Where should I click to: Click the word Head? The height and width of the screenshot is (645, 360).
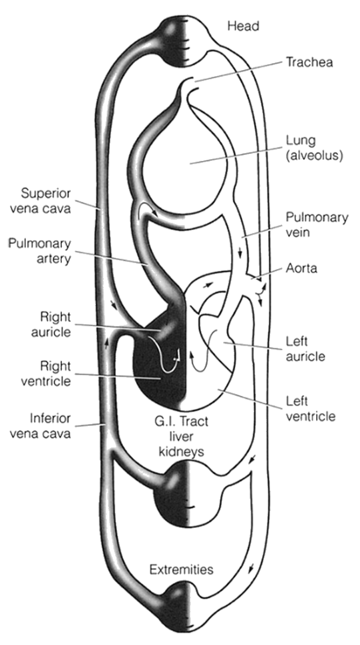pos(244,26)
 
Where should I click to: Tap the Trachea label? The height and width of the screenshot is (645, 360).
pos(309,62)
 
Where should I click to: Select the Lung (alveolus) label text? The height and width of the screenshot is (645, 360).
pos(314,148)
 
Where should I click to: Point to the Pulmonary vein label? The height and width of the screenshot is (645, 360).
pos(317,224)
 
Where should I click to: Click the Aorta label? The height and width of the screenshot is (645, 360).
pos(301,268)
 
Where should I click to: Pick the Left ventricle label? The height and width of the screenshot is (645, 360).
pos(310,409)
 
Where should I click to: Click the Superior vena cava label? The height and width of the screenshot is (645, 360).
pos(46,200)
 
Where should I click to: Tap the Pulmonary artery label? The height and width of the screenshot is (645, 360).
pos(39,252)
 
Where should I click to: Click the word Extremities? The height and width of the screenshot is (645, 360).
pos(181,570)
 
